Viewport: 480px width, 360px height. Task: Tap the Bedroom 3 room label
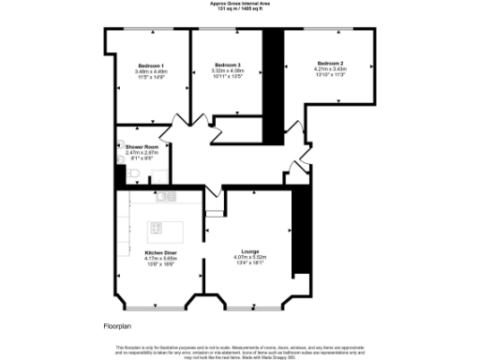click(x=228, y=64)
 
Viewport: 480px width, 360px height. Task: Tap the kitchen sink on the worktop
click(x=167, y=196)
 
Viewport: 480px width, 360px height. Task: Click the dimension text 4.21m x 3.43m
click(x=330, y=68)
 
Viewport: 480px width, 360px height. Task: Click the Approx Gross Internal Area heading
click(x=241, y=4)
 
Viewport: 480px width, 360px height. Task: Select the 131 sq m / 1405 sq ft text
click(x=241, y=9)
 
